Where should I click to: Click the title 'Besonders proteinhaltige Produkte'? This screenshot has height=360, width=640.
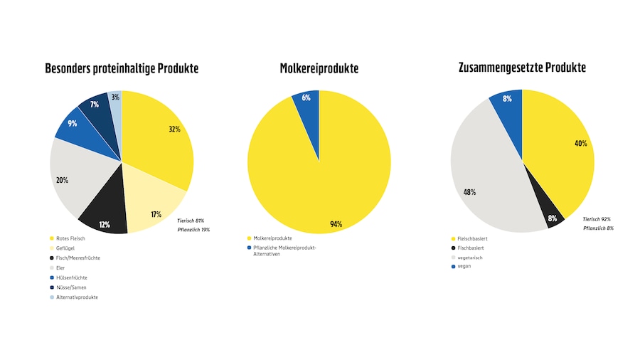(x=122, y=69)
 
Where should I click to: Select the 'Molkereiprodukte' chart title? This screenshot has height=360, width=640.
(x=319, y=69)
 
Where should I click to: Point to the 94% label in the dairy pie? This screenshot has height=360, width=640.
(x=336, y=224)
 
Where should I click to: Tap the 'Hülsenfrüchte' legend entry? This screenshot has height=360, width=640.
(x=72, y=277)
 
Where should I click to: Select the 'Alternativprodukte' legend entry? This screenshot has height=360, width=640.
(x=77, y=297)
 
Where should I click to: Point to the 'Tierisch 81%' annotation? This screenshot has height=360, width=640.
(x=191, y=221)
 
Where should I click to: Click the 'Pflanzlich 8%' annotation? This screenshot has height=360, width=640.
(x=598, y=228)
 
